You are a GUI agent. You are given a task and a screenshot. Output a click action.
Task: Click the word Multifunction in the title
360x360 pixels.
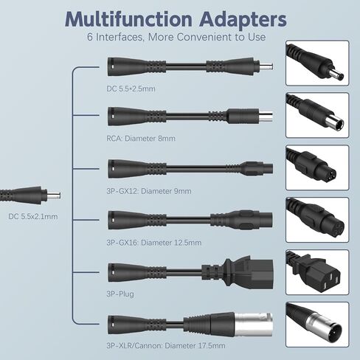click(x=128, y=19)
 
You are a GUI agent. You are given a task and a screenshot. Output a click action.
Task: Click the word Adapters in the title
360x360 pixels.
click(x=243, y=20)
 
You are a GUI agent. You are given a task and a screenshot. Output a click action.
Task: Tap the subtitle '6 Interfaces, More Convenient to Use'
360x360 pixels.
click(x=176, y=37)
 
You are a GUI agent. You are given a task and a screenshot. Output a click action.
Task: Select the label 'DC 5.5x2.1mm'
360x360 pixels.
click(x=33, y=217)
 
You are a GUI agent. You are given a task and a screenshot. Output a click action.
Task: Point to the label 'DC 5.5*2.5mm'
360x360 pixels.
click(x=131, y=89)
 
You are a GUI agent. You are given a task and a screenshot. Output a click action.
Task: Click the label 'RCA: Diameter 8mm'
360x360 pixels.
click(x=141, y=139)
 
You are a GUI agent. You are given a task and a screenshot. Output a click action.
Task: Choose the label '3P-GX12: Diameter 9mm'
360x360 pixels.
click(x=149, y=191)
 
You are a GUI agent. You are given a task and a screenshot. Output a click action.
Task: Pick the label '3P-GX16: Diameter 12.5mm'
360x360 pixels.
click(x=154, y=243)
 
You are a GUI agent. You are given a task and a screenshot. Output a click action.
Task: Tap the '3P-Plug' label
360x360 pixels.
click(x=120, y=294)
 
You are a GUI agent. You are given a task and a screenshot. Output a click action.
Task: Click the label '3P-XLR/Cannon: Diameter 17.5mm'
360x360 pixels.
click(x=166, y=346)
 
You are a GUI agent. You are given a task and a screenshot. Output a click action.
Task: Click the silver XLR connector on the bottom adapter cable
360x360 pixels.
click(x=253, y=325)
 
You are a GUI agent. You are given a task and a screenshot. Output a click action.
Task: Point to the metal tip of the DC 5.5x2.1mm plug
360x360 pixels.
click(x=54, y=196)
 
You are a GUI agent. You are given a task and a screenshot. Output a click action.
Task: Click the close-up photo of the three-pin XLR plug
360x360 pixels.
click(x=317, y=325)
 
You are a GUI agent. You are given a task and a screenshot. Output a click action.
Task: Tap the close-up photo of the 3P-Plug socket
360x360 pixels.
click(x=317, y=272)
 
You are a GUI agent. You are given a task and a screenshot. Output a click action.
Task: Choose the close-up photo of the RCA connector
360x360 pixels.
click(x=317, y=115)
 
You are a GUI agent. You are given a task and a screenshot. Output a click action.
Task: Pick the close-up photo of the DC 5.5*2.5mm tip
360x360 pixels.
click(x=317, y=63)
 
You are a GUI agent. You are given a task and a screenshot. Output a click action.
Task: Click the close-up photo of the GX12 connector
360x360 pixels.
click(x=317, y=167)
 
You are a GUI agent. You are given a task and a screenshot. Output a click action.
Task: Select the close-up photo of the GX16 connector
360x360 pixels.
click(x=317, y=220)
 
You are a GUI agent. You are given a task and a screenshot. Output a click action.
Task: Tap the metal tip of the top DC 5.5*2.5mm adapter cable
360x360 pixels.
click(x=266, y=66)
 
